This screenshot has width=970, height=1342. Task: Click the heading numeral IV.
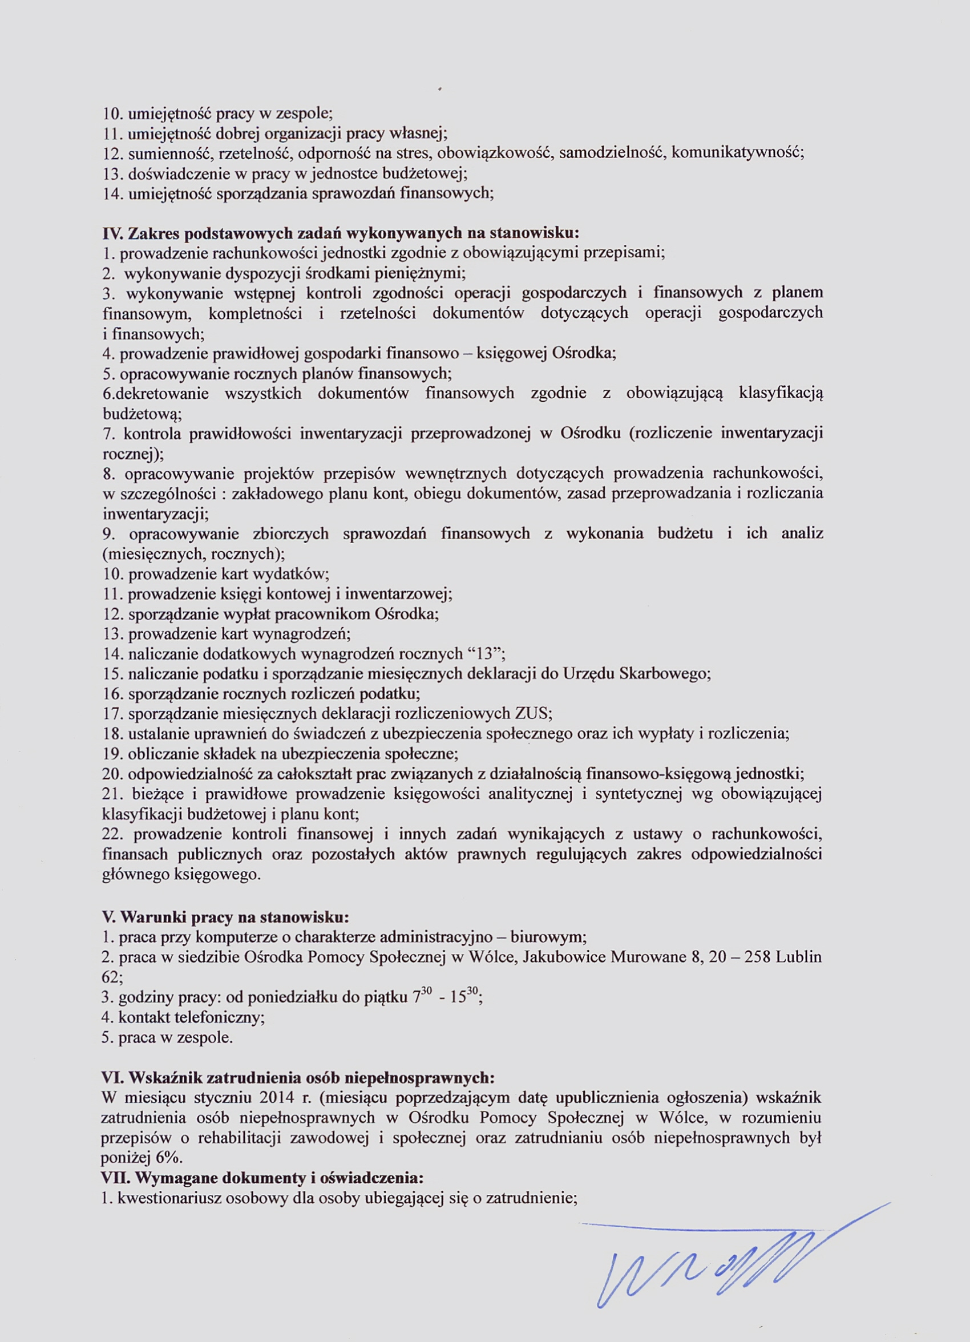(x=112, y=233)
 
